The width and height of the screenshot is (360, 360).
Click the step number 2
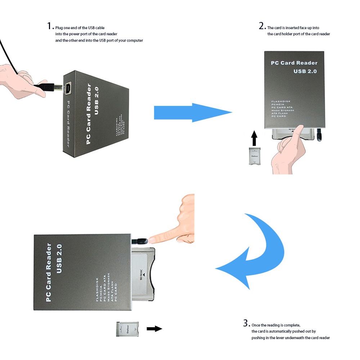262,26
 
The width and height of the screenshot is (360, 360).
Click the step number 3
246,323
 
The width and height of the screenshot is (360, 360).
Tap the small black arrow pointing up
255,138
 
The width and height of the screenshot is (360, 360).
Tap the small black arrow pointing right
154,328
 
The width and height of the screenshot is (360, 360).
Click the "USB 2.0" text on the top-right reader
305,71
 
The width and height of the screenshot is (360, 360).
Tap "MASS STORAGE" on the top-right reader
283,110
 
